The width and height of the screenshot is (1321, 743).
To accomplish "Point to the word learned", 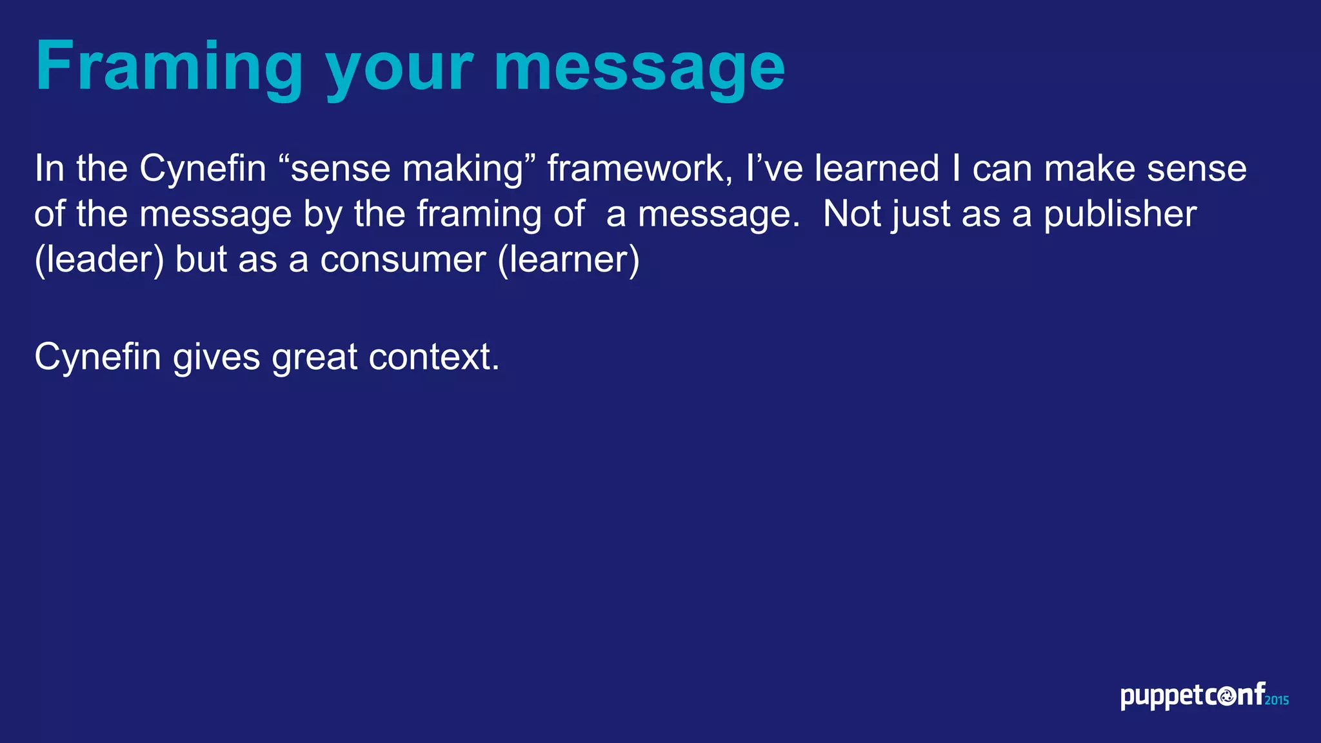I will pos(877,169).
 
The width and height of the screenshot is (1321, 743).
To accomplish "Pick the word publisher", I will pos(1120,214).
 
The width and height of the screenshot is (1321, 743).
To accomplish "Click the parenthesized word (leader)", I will pos(99,260).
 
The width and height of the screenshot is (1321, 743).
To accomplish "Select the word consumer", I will pos(402,260).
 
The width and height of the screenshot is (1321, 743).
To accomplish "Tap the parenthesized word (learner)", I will pos(568,260).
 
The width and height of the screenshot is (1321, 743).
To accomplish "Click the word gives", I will pos(216,357).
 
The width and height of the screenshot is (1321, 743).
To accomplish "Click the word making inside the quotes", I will pos(462,169).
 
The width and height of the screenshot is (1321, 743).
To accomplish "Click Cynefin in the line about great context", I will pos(97,357).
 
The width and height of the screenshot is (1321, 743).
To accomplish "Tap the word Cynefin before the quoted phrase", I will pos(203,169).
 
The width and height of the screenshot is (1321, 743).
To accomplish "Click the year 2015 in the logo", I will pos(1276,700).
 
